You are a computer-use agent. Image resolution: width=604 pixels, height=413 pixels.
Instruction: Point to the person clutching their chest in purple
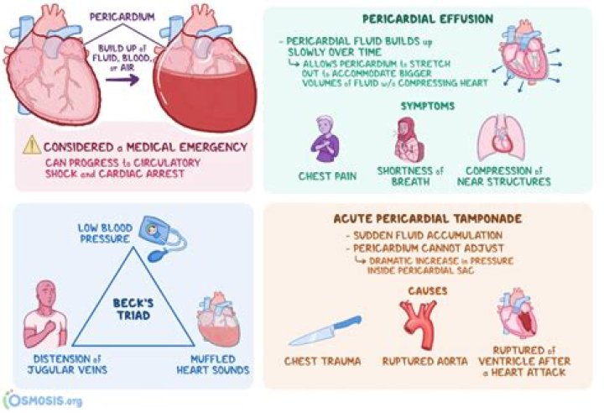coord(325,139)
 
